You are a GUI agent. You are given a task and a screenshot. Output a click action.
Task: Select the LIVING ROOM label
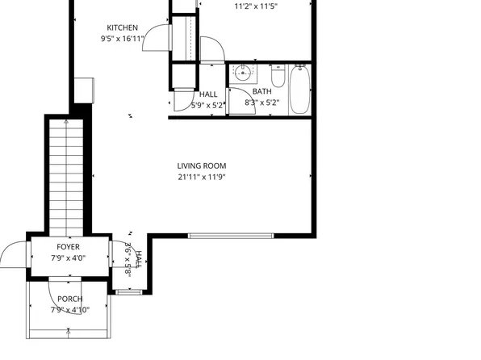pos(202,166)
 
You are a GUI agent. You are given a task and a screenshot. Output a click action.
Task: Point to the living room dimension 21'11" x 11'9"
pos(202,177)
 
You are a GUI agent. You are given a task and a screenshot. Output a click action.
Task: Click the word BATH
pos(261,92)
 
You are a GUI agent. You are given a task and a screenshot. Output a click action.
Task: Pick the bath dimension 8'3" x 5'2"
pos(261,103)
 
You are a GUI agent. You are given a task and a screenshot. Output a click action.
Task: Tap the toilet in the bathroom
pos(278,77)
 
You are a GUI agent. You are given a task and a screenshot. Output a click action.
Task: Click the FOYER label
pos(68,247)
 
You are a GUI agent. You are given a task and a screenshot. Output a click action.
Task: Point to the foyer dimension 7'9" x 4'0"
pos(68,258)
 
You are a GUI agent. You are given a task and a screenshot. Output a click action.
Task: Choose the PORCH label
pos(69,299)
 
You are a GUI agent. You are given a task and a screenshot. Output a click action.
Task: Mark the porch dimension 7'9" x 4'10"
pos(69,309)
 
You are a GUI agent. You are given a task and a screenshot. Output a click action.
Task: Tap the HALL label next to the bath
pos(208,94)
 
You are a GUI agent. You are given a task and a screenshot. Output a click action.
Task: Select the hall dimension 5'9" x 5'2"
pos(208,105)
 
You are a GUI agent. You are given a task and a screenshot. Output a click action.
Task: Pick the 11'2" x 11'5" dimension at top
pos(257,6)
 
